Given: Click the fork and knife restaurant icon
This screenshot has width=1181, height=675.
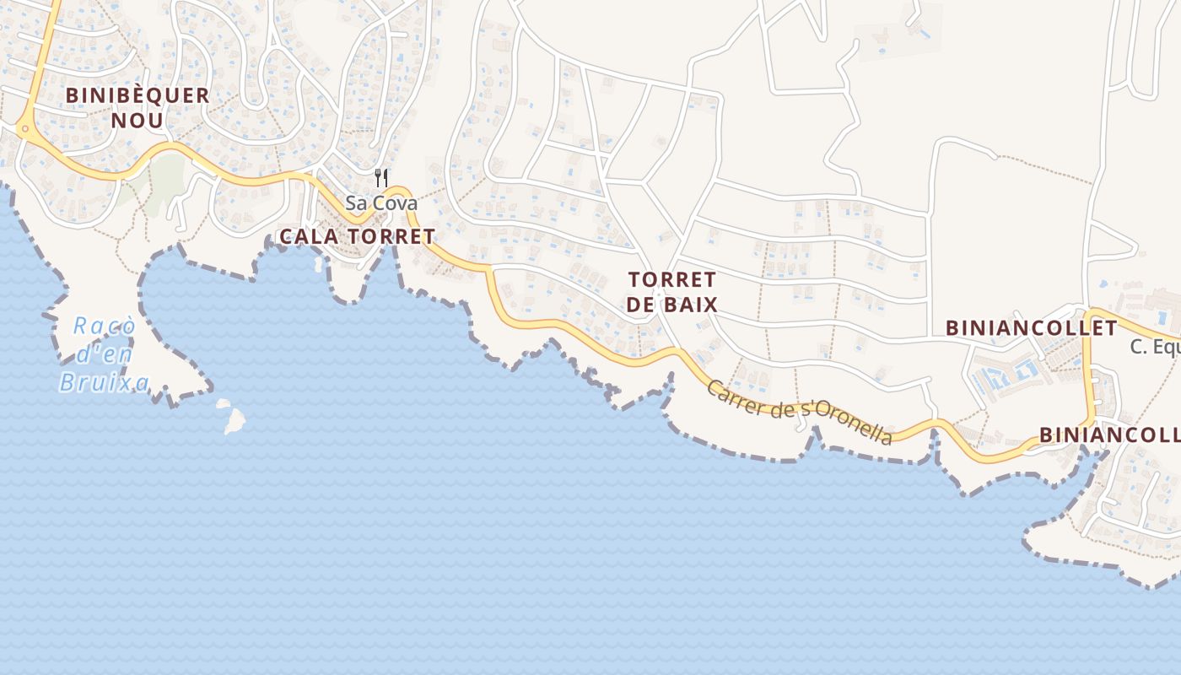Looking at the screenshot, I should coord(381,177).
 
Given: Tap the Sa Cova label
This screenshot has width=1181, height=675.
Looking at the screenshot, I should coord(380,203).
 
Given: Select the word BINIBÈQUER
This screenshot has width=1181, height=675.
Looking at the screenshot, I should coord(138,95).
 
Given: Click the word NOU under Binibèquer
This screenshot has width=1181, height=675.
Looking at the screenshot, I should coord(138,120).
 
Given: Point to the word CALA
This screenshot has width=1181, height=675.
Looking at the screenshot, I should coord(308,237).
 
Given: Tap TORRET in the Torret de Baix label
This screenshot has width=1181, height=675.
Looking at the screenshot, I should coord(672,279).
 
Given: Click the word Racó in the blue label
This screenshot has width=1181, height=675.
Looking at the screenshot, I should coord(104,327).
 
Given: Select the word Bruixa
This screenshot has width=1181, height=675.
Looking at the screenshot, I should coord(104,382).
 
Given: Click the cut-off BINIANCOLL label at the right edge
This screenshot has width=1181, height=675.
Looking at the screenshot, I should coord(1109,435).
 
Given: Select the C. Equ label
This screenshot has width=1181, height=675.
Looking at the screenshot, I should coord(1155,347).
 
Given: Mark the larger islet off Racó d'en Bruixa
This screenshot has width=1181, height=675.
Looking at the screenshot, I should coord(235,419).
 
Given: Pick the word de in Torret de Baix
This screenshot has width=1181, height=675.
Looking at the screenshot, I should coord(640,305).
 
